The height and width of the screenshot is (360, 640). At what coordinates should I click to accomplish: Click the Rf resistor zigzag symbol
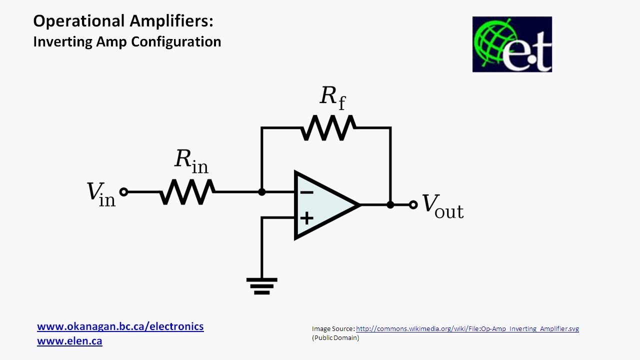(x=327, y=128)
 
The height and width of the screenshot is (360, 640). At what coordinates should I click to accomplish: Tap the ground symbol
(x=261, y=285)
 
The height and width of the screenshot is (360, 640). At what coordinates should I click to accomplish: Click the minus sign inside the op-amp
(x=307, y=192)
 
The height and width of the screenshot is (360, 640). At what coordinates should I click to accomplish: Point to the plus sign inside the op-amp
(x=306, y=218)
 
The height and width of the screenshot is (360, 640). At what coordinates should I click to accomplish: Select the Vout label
(x=443, y=206)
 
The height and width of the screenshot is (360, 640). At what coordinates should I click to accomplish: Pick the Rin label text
(x=191, y=161)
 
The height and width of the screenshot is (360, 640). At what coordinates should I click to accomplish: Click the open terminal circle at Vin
(x=123, y=191)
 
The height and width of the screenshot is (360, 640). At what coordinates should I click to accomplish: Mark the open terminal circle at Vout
(x=413, y=204)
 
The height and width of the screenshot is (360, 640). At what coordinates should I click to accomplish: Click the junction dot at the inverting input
(x=261, y=191)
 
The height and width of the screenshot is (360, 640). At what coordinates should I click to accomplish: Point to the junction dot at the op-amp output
(x=390, y=204)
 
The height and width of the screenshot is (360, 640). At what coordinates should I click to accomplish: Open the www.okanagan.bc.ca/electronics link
(x=120, y=326)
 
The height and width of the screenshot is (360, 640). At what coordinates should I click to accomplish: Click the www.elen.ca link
(x=69, y=341)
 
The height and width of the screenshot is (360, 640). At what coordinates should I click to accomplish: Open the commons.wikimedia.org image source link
(x=467, y=328)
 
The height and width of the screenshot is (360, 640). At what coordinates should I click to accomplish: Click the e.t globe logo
(x=512, y=44)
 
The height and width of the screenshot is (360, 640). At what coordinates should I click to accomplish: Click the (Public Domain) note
(x=335, y=338)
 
